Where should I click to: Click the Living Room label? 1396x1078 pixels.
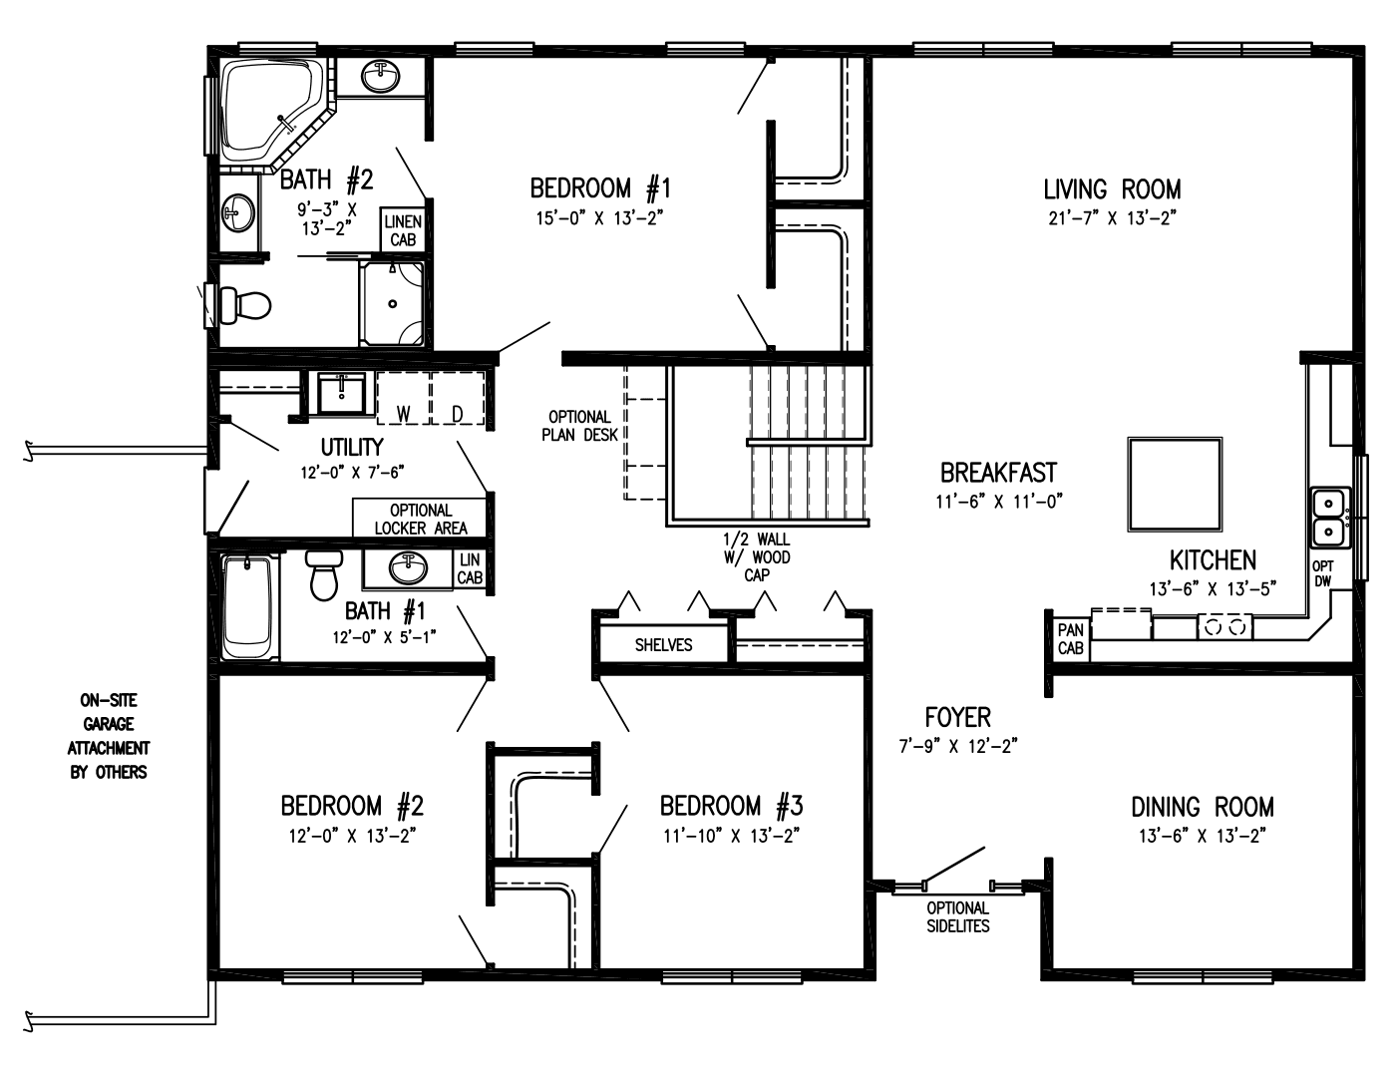(x=1112, y=188)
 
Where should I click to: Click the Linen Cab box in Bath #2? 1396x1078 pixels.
(x=403, y=231)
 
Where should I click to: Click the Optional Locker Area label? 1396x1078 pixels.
(x=421, y=519)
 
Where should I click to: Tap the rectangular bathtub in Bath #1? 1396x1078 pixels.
(x=246, y=608)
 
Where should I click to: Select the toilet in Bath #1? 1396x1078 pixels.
(x=324, y=575)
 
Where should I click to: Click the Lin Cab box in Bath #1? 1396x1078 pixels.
(x=470, y=569)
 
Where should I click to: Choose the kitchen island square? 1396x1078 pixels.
(x=1175, y=486)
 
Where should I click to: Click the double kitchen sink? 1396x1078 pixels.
(x=1329, y=518)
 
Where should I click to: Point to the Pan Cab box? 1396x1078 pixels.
(x=1070, y=639)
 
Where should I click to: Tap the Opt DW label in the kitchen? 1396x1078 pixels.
(x=1323, y=573)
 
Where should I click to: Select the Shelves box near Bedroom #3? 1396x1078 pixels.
(x=663, y=644)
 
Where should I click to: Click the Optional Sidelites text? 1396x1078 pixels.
(x=957, y=916)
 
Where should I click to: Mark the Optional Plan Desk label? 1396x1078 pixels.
(x=579, y=425)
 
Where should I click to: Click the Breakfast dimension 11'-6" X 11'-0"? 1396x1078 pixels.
(x=998, y=502)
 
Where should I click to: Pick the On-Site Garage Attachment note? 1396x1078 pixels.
(x=109, y=736)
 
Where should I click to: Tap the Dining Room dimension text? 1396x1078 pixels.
(x=1202, y=836)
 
